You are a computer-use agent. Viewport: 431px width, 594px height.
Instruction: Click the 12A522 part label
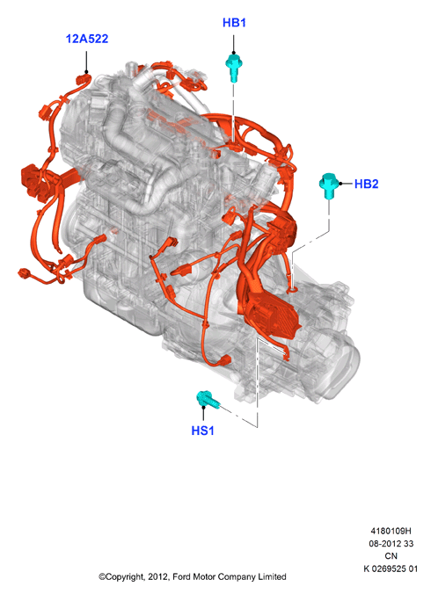87,39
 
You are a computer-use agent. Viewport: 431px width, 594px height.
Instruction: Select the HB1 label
234,23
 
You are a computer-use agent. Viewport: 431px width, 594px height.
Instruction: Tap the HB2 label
366,184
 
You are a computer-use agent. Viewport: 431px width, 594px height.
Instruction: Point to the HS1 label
203,431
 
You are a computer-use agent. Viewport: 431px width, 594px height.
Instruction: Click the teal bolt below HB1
234,68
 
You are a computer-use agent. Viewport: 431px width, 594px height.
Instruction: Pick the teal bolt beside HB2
328,185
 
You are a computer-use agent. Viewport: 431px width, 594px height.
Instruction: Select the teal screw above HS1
207,400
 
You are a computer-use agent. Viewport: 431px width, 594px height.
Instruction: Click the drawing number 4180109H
391,531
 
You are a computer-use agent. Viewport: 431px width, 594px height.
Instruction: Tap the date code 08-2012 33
391,544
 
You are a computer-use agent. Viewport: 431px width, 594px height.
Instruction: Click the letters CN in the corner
391,556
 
